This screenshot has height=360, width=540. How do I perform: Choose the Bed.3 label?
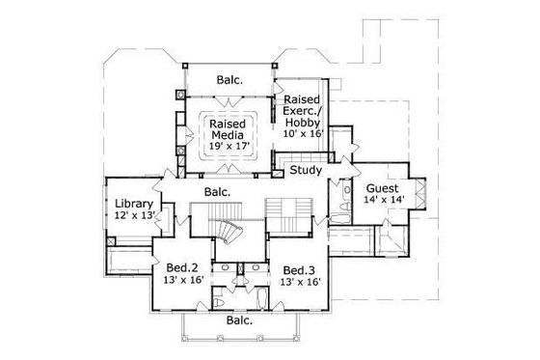point(299,269)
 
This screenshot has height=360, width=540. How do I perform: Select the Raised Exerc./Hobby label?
point(302,112)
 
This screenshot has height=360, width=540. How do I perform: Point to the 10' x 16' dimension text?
point(302,133)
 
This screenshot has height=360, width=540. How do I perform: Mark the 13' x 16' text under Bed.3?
point(299,283)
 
